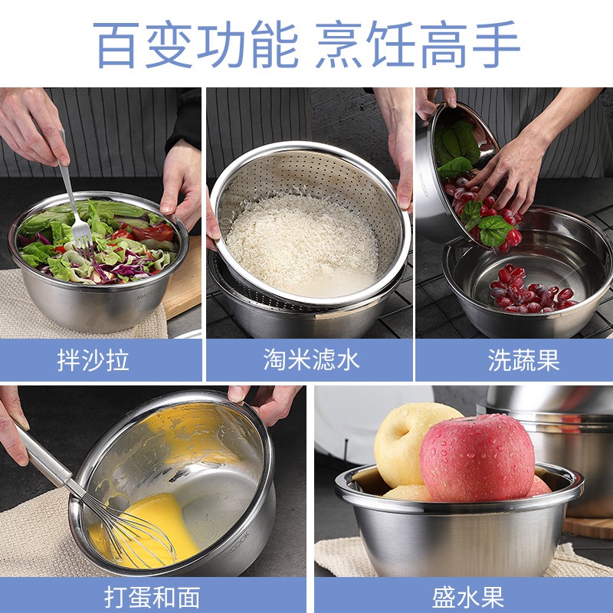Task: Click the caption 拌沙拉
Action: click(x=93, y=359)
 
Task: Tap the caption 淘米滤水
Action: click(x=311, y=359)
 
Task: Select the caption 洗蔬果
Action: click(x=524, y=359)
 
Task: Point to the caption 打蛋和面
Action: click(x=152, y=598)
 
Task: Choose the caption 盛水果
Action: click(x=468, y=598)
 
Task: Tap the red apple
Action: click(x=477, y=457)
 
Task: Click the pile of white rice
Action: click(x=301, y=242)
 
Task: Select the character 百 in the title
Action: click(x=116, y=44)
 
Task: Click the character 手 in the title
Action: click(x=496, y=44)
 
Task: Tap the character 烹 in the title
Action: click(x=338, y=44)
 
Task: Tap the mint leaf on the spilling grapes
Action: click(x=493, y=230)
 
